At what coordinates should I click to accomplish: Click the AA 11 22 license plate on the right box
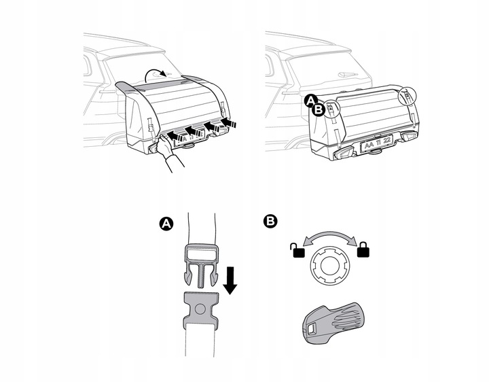point(376,144)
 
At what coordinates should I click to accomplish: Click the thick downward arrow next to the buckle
point(230,278)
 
